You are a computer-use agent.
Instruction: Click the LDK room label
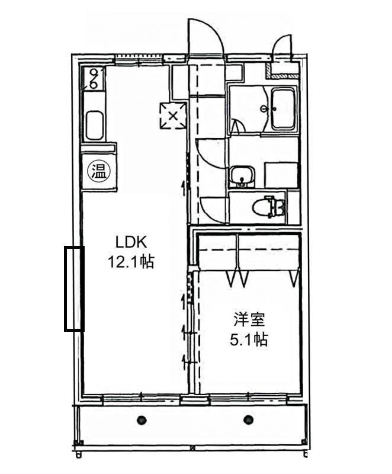(x=131, y=242)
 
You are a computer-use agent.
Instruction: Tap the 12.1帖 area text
(x=131, y=262)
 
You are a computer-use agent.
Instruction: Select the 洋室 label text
(x=249, y=319)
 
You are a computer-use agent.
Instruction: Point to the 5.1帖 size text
(x=249, y=339)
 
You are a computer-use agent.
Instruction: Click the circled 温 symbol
(x=98, y=171)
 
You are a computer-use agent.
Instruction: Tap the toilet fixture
(x=269, y=207)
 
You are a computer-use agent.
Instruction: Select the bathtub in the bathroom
(x=284, y=108)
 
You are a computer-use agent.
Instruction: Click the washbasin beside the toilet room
(x=242, y=177)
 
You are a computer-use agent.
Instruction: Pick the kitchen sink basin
(x=95, y=126)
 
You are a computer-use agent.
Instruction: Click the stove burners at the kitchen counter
(x=94, y=79)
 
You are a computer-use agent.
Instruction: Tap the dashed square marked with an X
(x=173, y=116)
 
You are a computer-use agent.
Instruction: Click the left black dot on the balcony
(x=142, y=420)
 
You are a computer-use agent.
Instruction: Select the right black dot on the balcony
(x=248, y=419)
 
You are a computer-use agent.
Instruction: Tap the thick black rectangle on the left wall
(x=74, y=289)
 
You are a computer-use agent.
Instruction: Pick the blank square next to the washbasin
(x=281, y=175)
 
